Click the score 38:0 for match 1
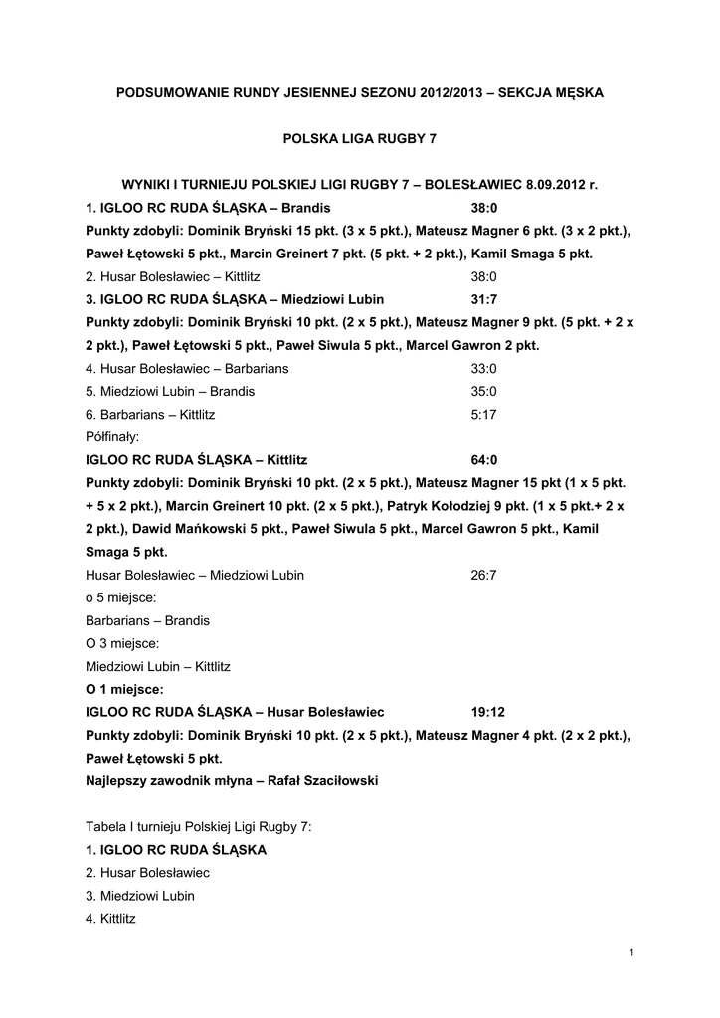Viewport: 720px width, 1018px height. [x=483, y=208]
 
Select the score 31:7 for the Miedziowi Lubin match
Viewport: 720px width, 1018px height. [x=483, y=299]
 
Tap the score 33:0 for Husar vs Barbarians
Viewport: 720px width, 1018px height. [x=483, y=368]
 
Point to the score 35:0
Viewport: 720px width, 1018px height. [x=483, y=391]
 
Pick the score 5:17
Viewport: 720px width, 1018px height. [x=483, y=414]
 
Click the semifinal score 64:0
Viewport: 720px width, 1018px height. [x=483, y=460]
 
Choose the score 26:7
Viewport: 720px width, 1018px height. [x=483, y=575]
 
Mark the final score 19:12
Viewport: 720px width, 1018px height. [x=488, y=712]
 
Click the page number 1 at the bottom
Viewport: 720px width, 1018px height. [x=631, y=954]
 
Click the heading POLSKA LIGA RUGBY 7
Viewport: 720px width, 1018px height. [x=360, y=139]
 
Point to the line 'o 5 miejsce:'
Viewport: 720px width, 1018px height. [x=120, y=597]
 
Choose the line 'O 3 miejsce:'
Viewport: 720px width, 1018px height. [x=121, y=643]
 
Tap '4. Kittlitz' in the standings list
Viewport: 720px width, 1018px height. [x=110, y=918]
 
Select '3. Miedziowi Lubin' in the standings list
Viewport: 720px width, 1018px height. [x=140, y=895]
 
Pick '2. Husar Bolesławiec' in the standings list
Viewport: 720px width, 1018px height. [x=147, y=872]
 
